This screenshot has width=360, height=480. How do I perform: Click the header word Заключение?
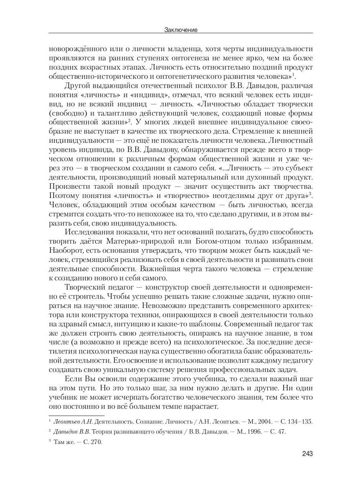(x=181, y=30)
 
